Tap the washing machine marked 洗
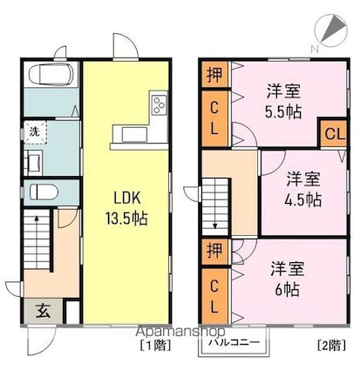35,132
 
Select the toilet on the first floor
44,192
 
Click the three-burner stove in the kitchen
160,104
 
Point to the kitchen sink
134,135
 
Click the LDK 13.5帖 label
126,208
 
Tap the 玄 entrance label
43,311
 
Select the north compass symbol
331,30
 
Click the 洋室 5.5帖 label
283,101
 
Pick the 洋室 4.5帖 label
303,189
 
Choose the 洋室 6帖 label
288,279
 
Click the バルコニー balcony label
234,342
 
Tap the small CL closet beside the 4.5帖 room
335,134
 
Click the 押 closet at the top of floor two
214,74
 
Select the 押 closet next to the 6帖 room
214,252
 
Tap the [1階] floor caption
155,346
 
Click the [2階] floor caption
331,346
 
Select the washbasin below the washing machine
33,163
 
